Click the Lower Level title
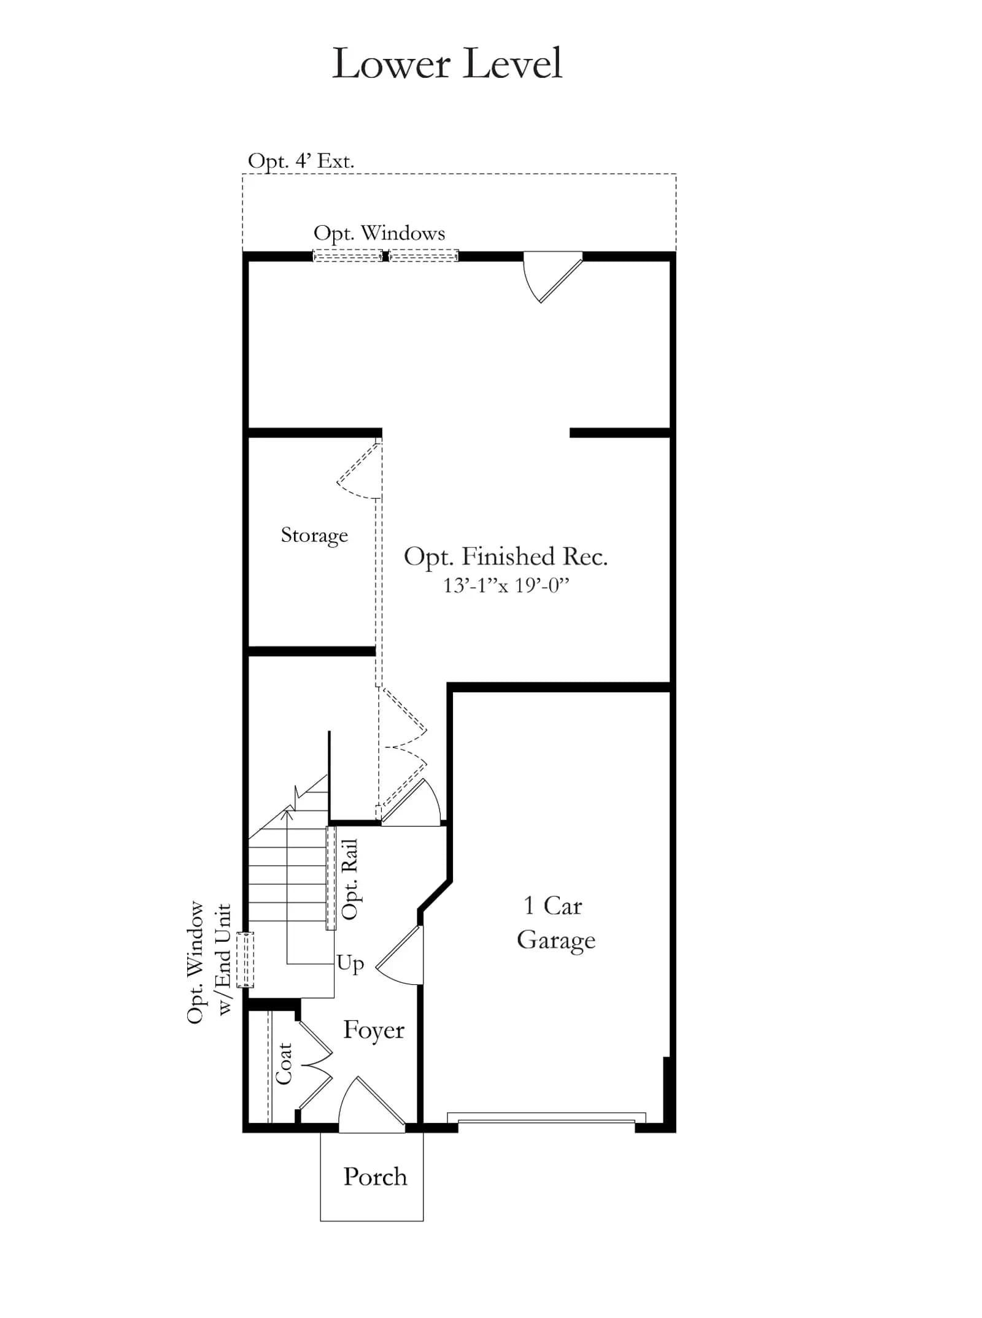click(447, 63)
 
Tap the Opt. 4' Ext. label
click(301, 161)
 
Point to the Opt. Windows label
click(379, 234)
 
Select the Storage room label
click(314, 535)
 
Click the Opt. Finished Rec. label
click(506, 557)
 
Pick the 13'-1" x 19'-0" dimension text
click(506, 585)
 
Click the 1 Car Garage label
click(555, 923)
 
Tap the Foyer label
click(374, 1030)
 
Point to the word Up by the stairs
click(350, 964)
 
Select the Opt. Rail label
click(349, 879)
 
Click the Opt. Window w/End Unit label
click(209, 962)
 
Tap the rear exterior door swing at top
click(552, 278)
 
